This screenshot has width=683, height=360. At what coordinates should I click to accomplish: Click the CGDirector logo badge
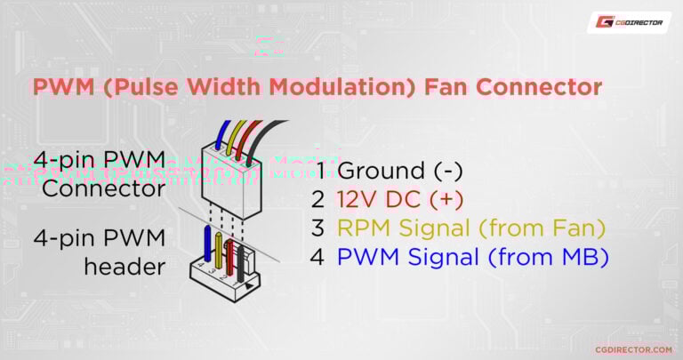(629, 22)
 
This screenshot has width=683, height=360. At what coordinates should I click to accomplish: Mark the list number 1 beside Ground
(320, 170)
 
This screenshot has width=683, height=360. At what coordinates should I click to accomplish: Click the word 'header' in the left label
(125, 266)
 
